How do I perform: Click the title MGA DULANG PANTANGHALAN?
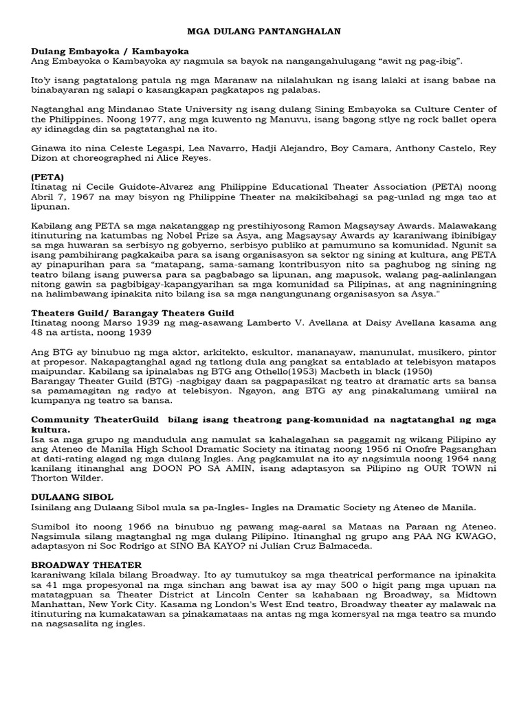click(x=265, y=32)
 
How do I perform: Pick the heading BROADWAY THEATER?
click(x=87, y=565)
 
